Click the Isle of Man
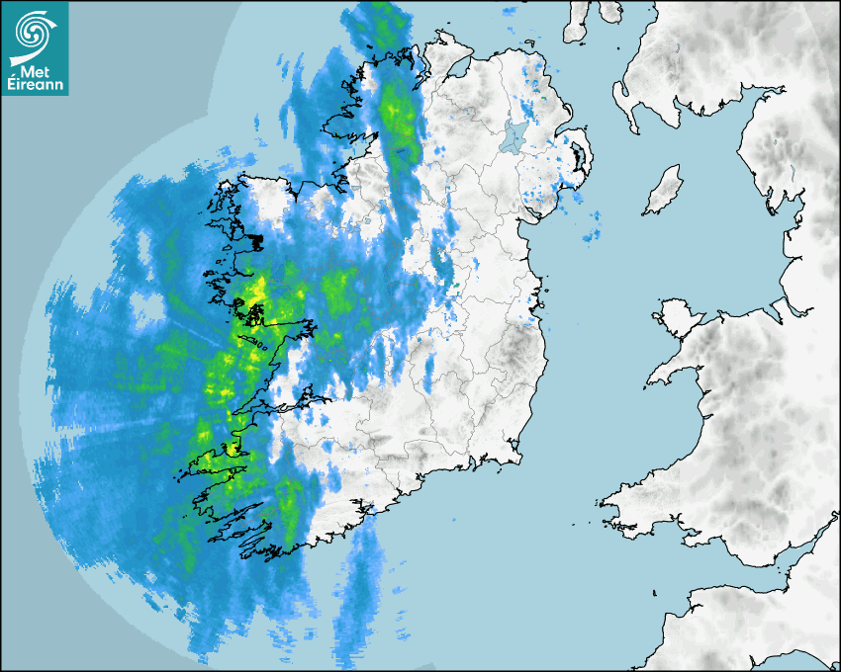click(x=664, y=191)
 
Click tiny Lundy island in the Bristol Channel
click(x=655, y=591)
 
